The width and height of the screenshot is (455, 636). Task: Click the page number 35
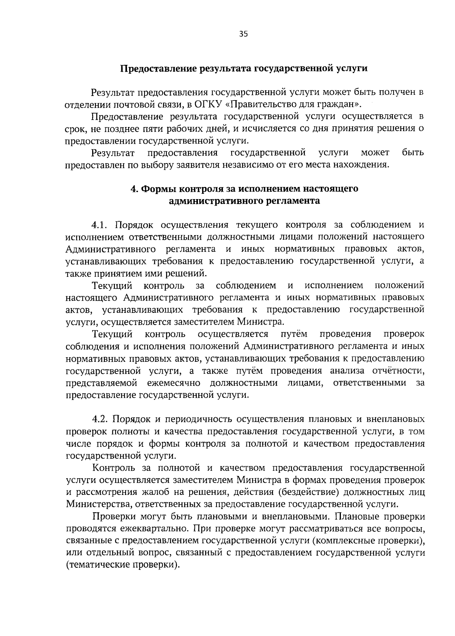[x=243, y=34]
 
